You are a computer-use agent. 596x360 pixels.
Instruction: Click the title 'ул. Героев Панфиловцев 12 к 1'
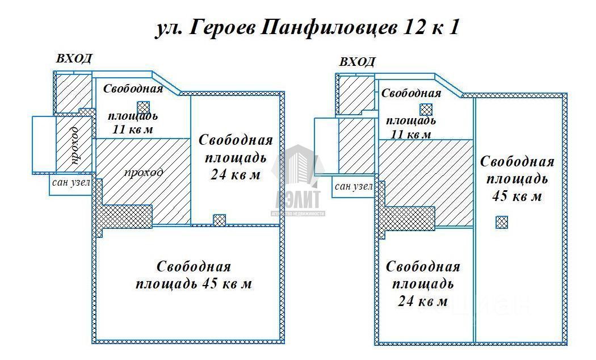pos(307,28)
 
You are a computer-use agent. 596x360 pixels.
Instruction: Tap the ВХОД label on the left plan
pos(74,59)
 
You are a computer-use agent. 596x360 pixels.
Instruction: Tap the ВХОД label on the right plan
pos(357,62)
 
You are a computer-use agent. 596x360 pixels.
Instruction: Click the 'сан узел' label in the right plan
pos(354,186)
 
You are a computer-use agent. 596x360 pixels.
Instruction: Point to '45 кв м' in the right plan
pos(516,196)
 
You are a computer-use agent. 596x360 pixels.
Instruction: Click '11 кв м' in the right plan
pos(410,134)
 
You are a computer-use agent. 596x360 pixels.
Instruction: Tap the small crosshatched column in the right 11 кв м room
pos(426,110)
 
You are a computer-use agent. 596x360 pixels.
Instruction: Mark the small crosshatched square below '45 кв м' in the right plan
pos(501,222)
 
